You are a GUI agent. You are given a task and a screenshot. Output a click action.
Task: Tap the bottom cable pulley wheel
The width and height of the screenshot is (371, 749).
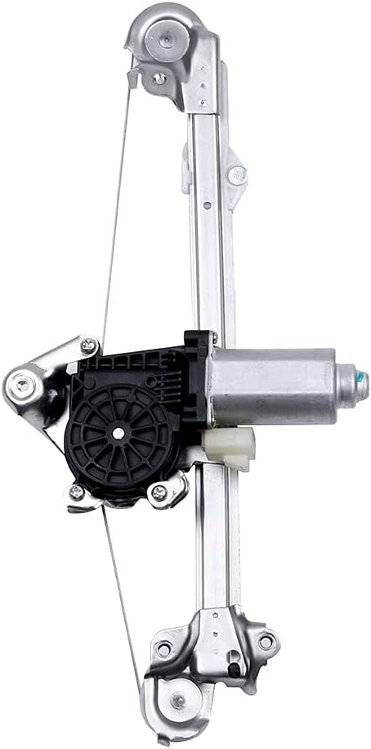179,700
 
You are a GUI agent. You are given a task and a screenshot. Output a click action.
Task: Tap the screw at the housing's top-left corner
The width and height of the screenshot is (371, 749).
88,346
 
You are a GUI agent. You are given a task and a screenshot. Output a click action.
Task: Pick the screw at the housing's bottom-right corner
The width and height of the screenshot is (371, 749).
159,493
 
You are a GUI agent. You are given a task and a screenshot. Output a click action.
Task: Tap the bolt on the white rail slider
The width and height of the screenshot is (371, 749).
236,174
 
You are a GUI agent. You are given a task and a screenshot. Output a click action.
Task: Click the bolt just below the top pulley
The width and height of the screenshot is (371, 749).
160,79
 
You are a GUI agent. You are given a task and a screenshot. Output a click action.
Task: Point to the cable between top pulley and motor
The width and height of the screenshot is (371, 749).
116,205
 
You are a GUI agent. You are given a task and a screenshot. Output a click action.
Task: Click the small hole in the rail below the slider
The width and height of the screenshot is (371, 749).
208,204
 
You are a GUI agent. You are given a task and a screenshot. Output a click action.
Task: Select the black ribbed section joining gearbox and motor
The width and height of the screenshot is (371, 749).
196,377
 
